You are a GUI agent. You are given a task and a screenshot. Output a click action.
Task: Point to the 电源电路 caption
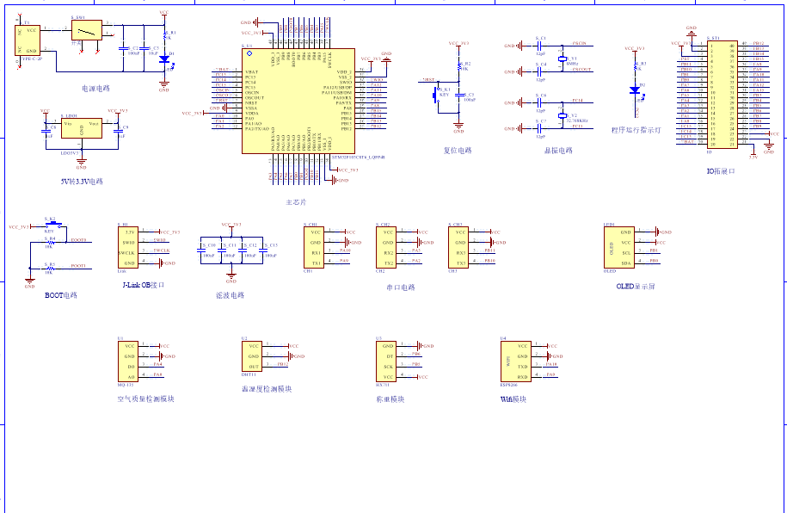click(x=95, y=88)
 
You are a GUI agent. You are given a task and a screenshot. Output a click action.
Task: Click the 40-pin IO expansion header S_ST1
click(x=722, y=94)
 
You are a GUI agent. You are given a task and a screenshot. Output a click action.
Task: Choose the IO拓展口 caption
click(x=721, y=170)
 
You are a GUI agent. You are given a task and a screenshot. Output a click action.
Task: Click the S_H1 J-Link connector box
click(x=127, y=247)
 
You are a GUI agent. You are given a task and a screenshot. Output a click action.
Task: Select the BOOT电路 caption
click(x=60, y=295)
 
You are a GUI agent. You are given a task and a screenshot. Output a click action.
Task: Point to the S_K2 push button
click(x=50, y=226)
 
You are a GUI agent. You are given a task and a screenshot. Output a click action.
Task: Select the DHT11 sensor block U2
click(x=251, y=357)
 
